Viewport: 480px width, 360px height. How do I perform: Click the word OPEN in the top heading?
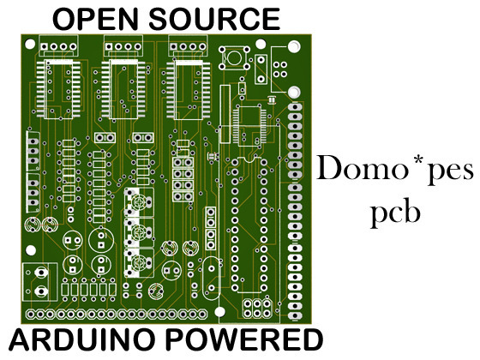click(x=95, y=19)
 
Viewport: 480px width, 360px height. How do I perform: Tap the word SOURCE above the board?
click(x=214, y=19)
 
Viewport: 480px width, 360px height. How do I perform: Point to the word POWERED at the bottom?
click(x=244, y=339)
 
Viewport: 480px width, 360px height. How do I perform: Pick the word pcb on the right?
click(x=395, y=213)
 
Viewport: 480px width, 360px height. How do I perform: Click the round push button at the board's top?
click(x=235, y=57)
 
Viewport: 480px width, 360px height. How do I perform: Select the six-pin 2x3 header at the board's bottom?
click(x=257, y=309)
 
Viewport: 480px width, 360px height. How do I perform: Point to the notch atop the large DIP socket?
click(x=249, y=159)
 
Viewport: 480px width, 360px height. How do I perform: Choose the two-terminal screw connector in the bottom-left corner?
click(x=39, y=281)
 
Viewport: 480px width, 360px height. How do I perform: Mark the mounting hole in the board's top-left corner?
click(x=30, y=44)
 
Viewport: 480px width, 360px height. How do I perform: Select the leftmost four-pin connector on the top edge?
click(x=58, y=46)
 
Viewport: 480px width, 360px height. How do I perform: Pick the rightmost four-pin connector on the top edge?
click(x=188, y=46)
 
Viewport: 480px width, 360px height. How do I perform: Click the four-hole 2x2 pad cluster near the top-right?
click(x=279, y=69)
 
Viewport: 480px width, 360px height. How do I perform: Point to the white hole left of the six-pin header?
click(x=219, y=312)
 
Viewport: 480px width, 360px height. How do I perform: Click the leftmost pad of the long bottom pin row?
click(x=30, y=315)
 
